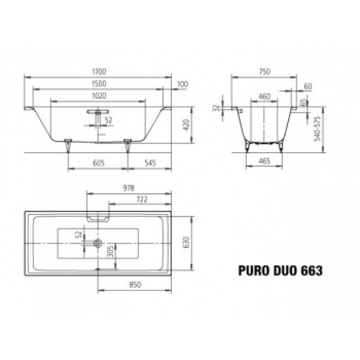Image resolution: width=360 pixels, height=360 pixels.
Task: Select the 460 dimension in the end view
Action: click(x=264, y=96)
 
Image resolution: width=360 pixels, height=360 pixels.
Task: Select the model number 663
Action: click(x=312, y=269)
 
